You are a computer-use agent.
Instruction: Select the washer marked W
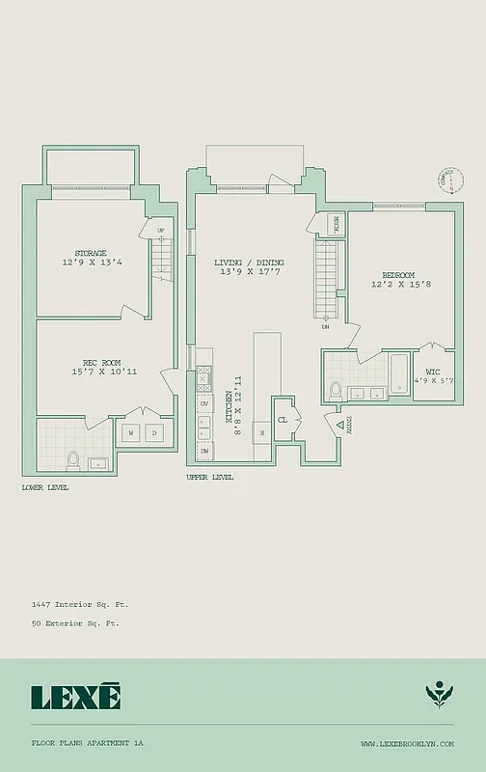pos(131,434)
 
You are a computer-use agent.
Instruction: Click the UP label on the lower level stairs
pos(160,230)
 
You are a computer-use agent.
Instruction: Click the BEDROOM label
pos(397,274)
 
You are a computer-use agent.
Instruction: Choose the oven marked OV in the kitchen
pos(204,403)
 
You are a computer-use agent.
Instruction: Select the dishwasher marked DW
pos(204,451)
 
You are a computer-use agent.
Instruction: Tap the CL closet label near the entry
pos(283,420)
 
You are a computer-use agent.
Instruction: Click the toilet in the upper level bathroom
pos(336,391)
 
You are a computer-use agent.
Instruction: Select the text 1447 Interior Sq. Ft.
pos(80,603)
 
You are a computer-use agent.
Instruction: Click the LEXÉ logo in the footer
pos(75,696)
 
